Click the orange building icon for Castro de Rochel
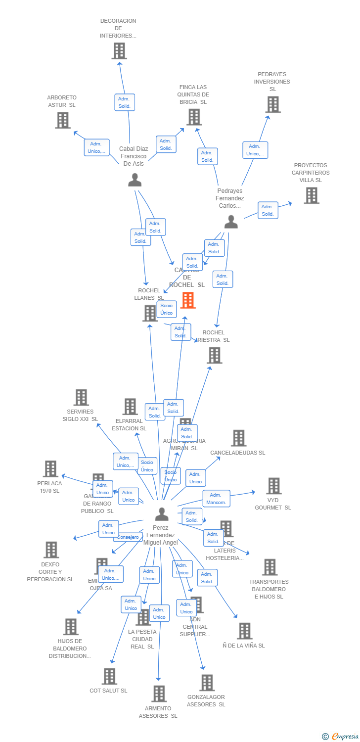tap(188, 300)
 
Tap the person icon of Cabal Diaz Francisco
tap(135, 180)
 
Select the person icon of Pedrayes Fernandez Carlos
tap(231, 222)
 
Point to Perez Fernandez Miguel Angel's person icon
tap(161, 514)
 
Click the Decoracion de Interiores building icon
tap(119, 51)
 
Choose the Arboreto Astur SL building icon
tap(62, 120)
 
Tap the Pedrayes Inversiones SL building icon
tap(273, 105)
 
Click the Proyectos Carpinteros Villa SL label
tap(311, 173)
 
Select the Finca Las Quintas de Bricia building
tap(194, 117)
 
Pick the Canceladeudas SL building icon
tap(238, 438)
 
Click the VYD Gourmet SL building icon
tap(273, 486)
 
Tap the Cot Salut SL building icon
tap(109, 676)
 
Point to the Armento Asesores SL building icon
tap(159, 694)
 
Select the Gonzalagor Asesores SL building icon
tap(207, 683)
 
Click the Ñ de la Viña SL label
tap(244, 646)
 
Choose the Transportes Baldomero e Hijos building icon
tap(270, 567)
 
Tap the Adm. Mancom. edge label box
tap(216, 499)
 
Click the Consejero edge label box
tap(128, 537)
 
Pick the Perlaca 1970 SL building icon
tap(50, 469)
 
